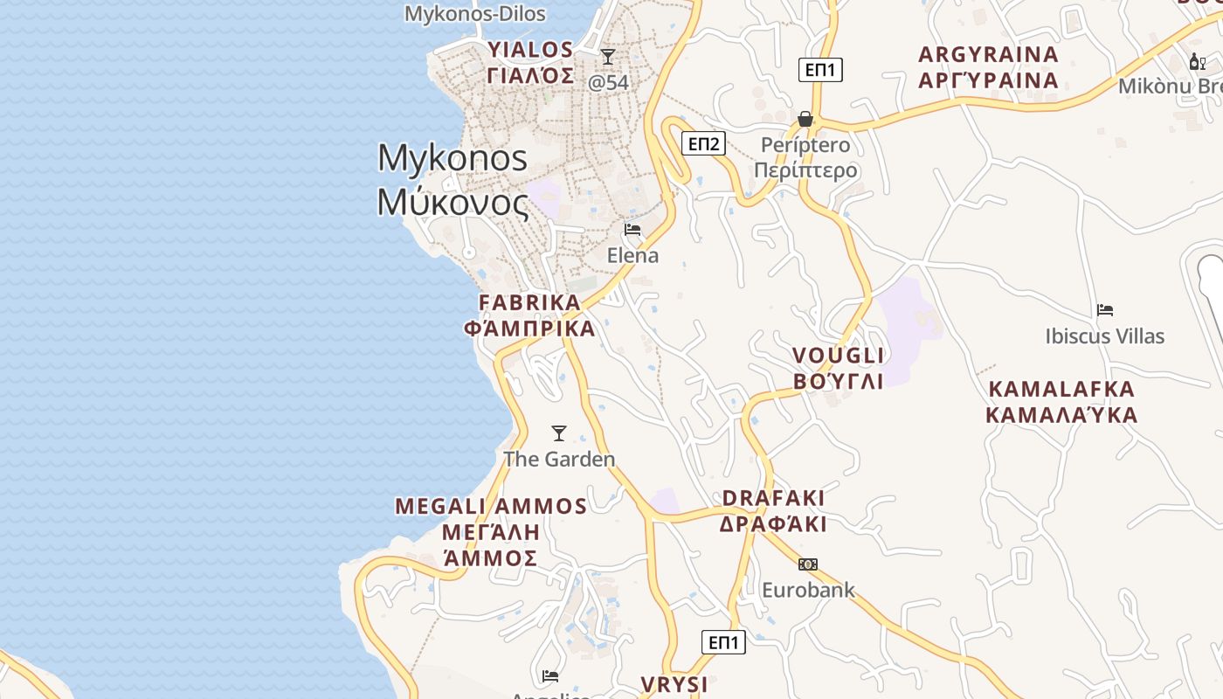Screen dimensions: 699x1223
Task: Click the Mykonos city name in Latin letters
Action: click(x=453, y=158)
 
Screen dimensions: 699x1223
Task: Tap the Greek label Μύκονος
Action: click(x=453, y=202)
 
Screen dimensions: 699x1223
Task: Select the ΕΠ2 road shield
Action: click(x=703, y=144)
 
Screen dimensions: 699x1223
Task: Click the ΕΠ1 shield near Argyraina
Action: click(x=820, y=70)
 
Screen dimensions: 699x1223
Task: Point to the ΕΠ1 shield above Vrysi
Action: click(x=723, y=643)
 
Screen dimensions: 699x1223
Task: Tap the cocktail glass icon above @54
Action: click(x=608, y=57)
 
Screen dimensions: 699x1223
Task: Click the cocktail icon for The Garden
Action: click(x=559, y=433)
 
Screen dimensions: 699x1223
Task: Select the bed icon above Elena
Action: click(x=632, y=230)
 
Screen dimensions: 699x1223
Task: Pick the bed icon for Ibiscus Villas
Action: click(x=1105, y=310)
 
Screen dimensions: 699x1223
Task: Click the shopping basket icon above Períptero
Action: click(x=805, y=119)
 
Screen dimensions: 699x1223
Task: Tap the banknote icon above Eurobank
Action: click(x=808, y=564)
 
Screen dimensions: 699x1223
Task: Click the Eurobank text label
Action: click(x=808, y=590)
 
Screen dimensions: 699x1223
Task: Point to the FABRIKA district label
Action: click(x=529, y=303)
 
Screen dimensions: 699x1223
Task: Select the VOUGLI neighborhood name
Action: click(x=838, y=356)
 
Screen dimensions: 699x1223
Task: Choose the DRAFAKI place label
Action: click(x=773, y=498)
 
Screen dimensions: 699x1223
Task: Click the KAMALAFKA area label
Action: click(x=1061, y=389)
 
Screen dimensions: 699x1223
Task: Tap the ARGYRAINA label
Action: click(x=988, y=55)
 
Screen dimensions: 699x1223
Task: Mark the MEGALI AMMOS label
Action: click(x=491, y=507)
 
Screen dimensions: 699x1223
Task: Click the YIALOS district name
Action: click(x=530, y=50)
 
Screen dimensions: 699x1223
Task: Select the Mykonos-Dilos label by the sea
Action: click(x=475, y=14)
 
